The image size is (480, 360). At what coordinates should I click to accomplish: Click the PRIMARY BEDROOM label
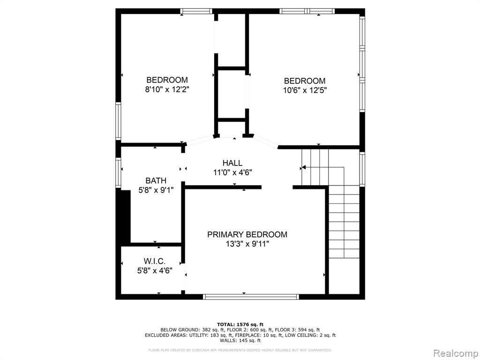point(247,234)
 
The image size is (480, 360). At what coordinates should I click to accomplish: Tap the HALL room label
point(232,163)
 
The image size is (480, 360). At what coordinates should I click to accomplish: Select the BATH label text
point(156,180)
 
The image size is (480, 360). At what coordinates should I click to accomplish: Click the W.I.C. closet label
point(155,261)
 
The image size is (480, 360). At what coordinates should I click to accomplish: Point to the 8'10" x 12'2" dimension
point(167,90)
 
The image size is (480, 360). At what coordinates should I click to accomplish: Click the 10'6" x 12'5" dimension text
point(305,90)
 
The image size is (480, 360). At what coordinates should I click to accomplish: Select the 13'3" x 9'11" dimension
point(247,244)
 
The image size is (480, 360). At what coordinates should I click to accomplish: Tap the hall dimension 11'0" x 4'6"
point(232,172)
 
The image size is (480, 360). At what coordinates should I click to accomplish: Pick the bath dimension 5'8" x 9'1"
point(156,190)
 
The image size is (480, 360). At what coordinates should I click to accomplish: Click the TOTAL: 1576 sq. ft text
point(240,324)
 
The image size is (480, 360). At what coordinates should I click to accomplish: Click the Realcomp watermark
point(455,353)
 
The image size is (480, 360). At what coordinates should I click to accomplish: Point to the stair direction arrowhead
point(303,167)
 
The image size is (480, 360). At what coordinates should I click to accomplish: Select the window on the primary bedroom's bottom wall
point(251,297)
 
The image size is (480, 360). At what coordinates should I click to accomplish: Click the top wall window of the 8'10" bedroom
point(196,11)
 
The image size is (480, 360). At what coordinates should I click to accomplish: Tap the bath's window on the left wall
point(118,172)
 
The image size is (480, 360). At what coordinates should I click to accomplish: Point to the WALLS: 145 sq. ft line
point(240,340)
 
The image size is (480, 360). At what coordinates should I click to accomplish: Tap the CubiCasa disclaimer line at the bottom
point(240,350)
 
